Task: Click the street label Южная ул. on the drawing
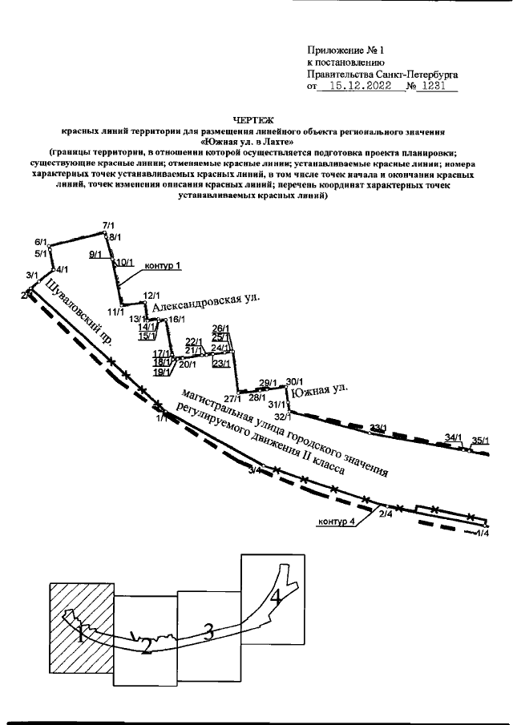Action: pyautogui.click(x=320, y=392)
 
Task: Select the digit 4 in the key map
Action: pyautogui.click(x=274, y=598)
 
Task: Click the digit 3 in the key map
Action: pyautogui.click(x=208, y=633)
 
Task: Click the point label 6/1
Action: pyautogui.click(x=42, y=242)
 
